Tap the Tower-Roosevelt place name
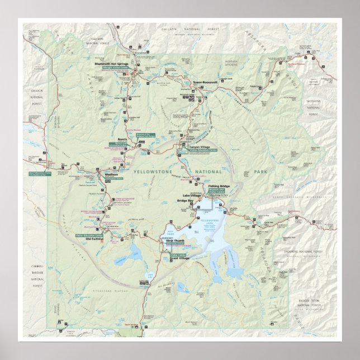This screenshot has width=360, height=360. point(205,83)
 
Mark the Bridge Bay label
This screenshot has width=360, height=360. point(185,200)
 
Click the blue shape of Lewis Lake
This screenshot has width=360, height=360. point(150,275)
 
